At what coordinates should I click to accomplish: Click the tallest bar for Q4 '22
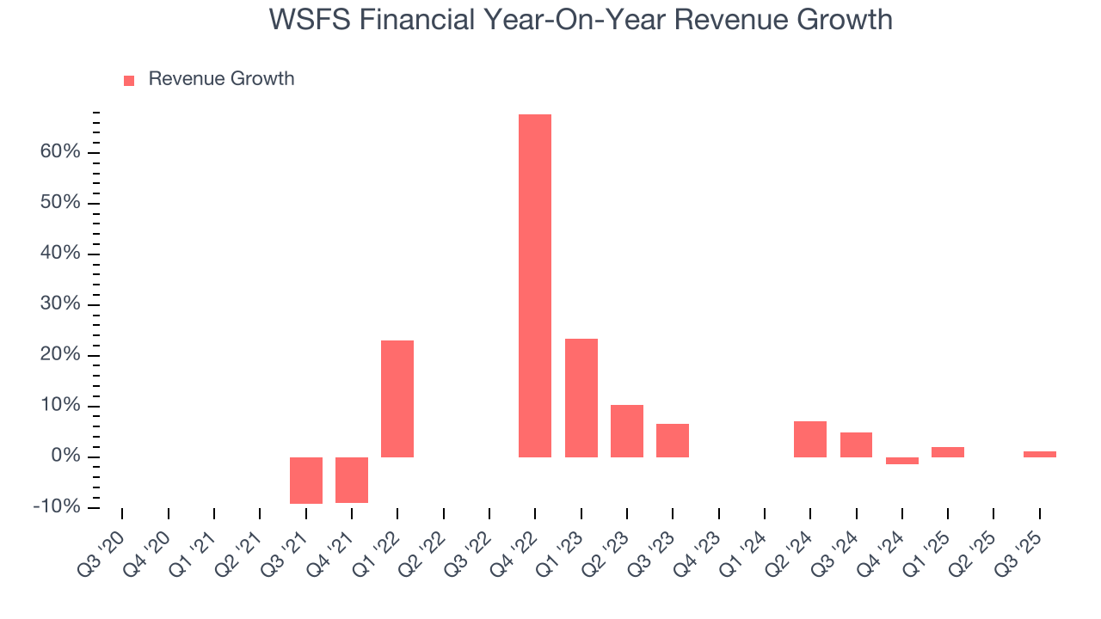535,285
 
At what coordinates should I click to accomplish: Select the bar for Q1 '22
397,399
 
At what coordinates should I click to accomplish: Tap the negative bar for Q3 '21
306,480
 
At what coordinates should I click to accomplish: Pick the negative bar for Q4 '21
352,480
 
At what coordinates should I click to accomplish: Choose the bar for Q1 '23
581,398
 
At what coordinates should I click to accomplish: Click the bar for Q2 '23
627,431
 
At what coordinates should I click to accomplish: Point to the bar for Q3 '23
673,440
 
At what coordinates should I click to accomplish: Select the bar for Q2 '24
810,439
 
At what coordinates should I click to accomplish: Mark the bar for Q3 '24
856,444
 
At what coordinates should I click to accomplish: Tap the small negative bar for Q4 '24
902,461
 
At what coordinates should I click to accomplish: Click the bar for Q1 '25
948,452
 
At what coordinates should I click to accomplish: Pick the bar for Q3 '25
1039,454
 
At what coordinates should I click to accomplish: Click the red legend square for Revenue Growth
129,80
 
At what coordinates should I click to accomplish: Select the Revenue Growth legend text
221,79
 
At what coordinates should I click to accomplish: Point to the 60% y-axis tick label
60,152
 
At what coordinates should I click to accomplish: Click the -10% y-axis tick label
57,507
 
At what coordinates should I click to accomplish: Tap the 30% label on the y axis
60,304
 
